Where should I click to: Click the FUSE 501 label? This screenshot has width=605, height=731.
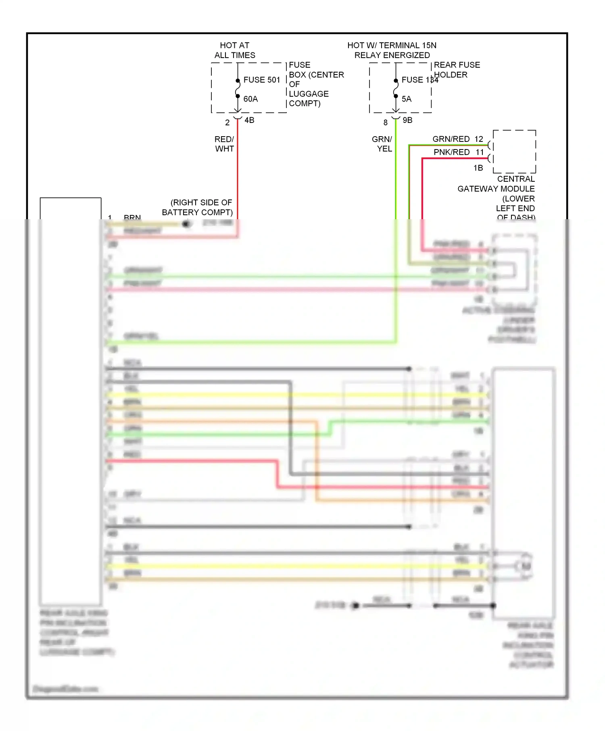[261, 80]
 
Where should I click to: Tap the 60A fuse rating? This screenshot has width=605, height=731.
[250, 99]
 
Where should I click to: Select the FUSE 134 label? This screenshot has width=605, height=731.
[419, 80]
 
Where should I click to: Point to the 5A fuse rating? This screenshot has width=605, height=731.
[406, 99]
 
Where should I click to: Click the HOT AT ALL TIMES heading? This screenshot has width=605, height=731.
[234, 50]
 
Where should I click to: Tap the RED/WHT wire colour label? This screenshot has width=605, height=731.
[224, 144]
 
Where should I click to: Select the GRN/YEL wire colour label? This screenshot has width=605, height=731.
[382, 144]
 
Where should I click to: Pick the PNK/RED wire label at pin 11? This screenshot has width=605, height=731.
[451, 152]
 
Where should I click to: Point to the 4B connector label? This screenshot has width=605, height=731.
[249, 120]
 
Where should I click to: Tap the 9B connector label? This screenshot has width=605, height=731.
[407, 120]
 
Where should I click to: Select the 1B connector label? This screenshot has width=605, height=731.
[478, 168]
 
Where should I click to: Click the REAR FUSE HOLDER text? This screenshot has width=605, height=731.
[456, 70]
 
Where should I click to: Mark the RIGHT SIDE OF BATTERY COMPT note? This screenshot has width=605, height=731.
[198, 207]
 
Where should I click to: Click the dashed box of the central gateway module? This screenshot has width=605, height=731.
[514, 152]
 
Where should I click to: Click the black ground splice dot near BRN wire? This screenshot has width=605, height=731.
[186, 224]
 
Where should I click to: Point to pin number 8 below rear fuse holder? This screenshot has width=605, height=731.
[385, 122]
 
